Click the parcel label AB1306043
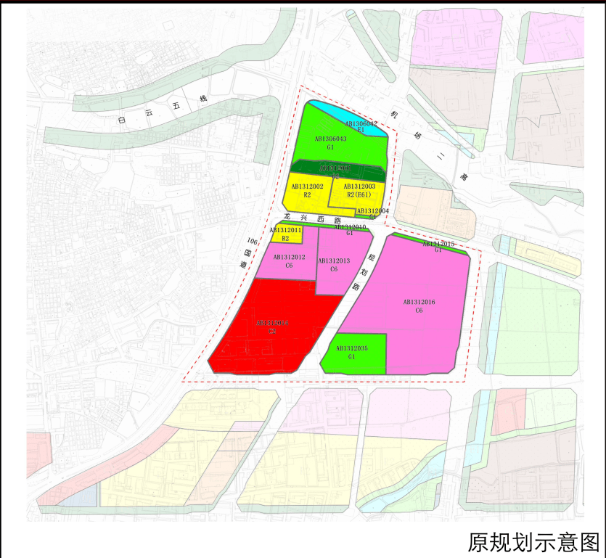tap(330, 138)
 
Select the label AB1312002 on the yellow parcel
tap(307, 187)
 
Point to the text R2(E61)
tap(360, 195)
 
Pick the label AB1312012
tap(289, 258)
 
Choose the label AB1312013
tap(333, 261)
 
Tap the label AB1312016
tap(419, 302)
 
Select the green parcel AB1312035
tap(352, 353)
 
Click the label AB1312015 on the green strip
tap(438, 244)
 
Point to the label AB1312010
tap(350, 228)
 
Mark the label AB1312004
tap(372, 211)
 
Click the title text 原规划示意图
tap(533, 541)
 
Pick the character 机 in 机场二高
tap(395, 115)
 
